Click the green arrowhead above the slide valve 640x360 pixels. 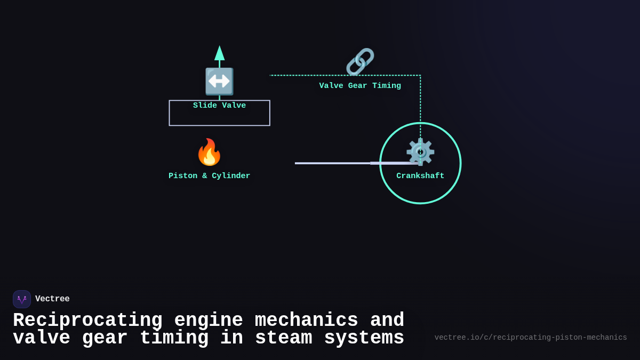pos(219,53)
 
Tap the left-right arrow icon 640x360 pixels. pos(219,81)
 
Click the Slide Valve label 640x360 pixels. pos(219,106)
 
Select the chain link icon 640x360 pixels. pos(360,62)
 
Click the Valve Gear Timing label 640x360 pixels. pos(360,86)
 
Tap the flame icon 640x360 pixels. pos(209,153)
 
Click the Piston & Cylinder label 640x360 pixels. pos(209,176)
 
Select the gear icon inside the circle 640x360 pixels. pos(420,152)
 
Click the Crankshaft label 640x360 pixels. pos(420,176)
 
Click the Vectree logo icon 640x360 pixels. pos(22,299)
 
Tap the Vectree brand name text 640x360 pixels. pos(52,299)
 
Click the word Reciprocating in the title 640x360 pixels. pos(87,321)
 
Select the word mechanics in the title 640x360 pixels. pos(306,321)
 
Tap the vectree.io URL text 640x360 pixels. pos(531,338)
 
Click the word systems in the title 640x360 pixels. pos(364,338)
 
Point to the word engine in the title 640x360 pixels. pos(209,321)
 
